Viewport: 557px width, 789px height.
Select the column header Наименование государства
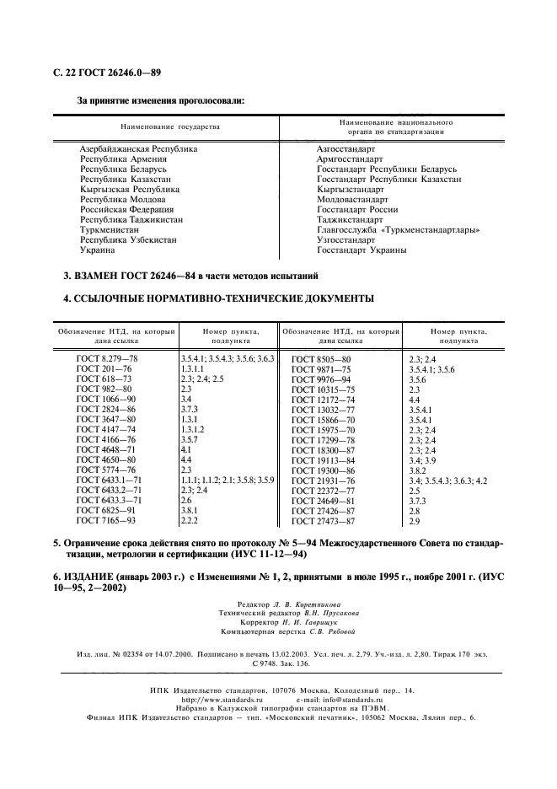(x=169, y=126)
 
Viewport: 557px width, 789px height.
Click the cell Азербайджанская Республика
(x=139, y=148)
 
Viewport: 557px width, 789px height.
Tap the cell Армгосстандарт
(x=350, y=158)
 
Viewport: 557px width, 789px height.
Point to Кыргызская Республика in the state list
(x=126, y=189)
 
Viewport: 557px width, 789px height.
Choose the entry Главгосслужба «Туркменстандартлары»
(x=398, y=229)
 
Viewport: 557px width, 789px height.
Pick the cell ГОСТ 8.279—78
(x=106, y=359)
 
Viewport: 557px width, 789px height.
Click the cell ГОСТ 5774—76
(x=105, y=470)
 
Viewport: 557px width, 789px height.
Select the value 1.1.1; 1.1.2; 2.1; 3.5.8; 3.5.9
(x=228, y=480)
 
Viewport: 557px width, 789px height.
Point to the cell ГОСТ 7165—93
(x=105, y=520)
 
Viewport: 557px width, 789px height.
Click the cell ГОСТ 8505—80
(x=320, y=360)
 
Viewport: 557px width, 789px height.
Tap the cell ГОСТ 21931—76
(x=323, y=480)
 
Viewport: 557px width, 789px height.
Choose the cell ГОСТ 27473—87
(x=323, y=521)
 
